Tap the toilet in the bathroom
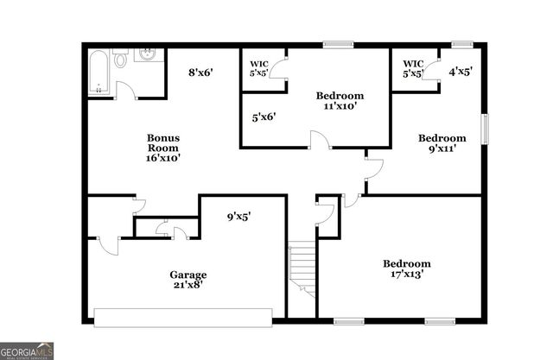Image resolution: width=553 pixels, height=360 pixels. pyautogui.click(x=121, y=62)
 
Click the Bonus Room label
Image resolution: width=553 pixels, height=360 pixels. pyautogui.click(x=162, y=142)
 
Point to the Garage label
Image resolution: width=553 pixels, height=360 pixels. pyautogui.click(x=187, y=275)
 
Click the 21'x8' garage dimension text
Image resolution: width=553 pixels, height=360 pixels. pyautogui.click(x=188, y=287)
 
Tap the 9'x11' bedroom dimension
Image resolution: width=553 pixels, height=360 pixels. pyautogui.click(x=442, y=149)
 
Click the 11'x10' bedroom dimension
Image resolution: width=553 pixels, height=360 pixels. pyautogui.click(x=340, y=107)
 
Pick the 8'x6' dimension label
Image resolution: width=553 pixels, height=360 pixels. pyautogui.click(x=201, y=73)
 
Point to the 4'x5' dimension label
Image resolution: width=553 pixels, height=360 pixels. pyautogui.click(x=461, y=73)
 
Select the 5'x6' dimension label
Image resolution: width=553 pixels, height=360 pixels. pyautogui.click(x=264, y=117)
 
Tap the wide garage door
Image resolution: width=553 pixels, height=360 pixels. pyautogui.click(x=188, y=317)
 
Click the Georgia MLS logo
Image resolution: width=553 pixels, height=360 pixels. pyautogui.click(x=28, y=351)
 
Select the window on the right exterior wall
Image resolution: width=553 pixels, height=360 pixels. pyautogui.click(x=485, y=130)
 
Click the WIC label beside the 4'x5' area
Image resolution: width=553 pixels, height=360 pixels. pyautogui.click(x=412, y=63)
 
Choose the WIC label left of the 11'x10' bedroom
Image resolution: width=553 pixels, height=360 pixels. pyautogui.click(x=259, y=63)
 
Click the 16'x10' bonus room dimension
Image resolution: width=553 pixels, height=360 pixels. pyautogui.click(x=162, y=159)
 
